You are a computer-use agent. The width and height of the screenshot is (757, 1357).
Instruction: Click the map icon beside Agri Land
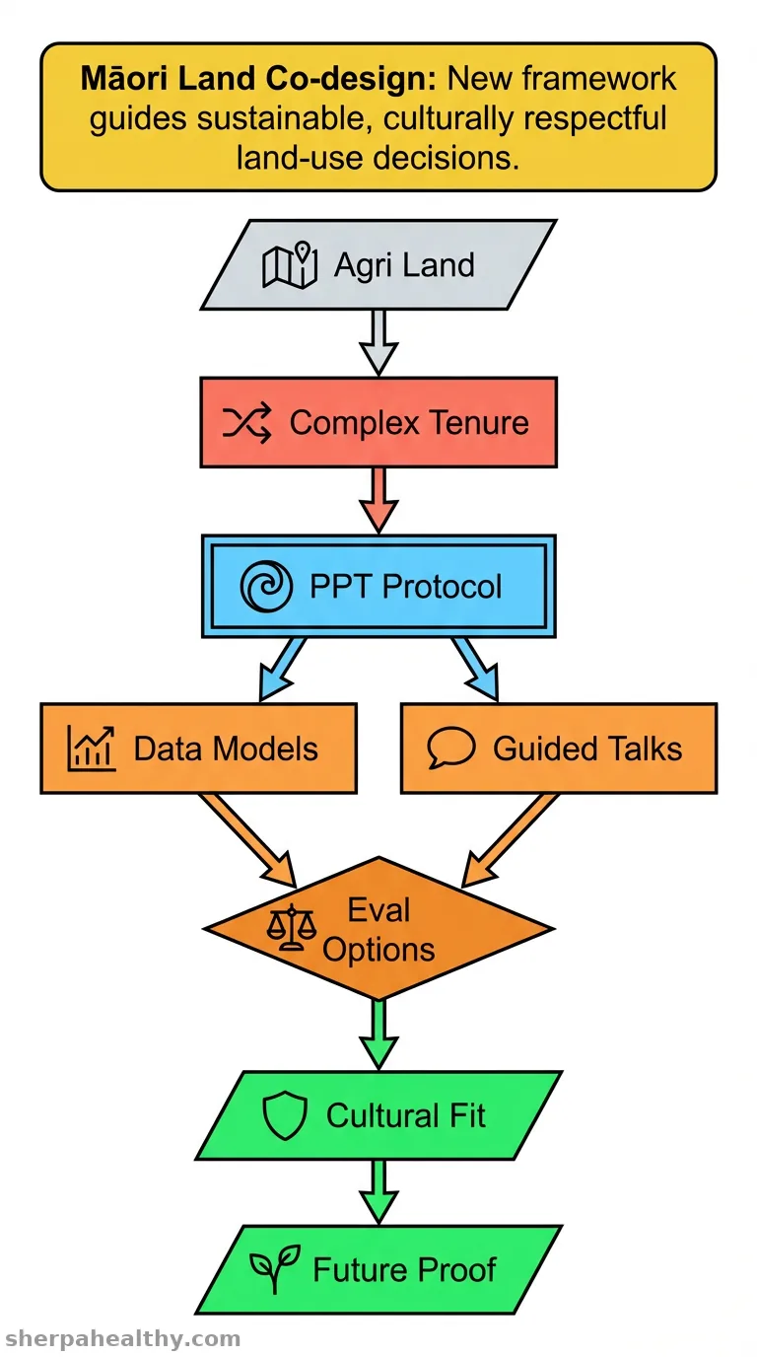click(x=290, y=265)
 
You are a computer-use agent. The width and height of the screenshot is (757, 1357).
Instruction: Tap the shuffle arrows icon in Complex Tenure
click(x=246, y=422)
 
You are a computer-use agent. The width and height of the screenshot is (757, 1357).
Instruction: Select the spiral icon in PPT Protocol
click(x=266, y=586)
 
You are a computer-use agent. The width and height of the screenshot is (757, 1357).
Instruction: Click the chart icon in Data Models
click(x=91, y=749)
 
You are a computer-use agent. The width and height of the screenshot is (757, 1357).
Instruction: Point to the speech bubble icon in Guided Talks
click(x=451, y=748)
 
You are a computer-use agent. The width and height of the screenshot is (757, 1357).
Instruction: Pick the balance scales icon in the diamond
click(x=292, y=927)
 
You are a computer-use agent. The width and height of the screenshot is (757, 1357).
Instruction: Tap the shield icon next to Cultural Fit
click(x=285, y=1115)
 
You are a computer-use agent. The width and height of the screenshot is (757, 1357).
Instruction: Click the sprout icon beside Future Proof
click(x=275, y=1269)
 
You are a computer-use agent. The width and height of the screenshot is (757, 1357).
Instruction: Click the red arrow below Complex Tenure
click(x=378, y=500)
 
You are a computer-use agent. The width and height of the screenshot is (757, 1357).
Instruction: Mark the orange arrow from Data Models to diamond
click(x=248, y=840)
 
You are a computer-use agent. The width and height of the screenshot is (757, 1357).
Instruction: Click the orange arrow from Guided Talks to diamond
click(x=510, y=840)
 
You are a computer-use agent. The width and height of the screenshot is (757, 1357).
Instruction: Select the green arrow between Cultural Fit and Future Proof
click(x=378, y=1191)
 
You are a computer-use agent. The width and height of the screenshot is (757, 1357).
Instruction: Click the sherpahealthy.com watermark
click(x=123, y=1338)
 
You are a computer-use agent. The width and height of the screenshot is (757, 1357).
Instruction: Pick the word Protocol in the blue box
click(x=442, y=586)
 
